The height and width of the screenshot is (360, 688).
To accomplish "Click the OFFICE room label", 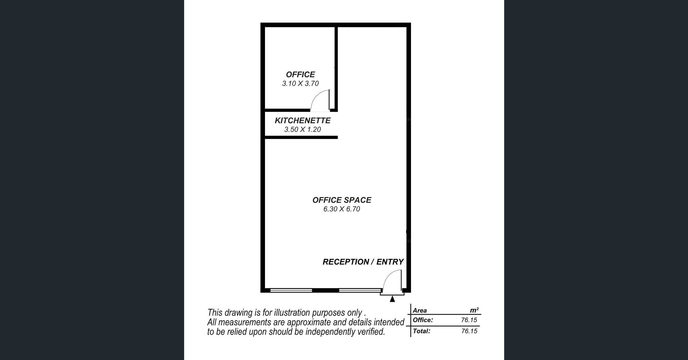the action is pyautogui.click(x=300, y=75).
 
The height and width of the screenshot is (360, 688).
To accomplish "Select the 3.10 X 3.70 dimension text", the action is pyautogui.click(x=300, y=83).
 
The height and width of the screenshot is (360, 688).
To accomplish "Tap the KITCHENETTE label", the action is pyautogui.click(x=303, y=120).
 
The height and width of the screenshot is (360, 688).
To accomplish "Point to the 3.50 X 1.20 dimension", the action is pyautogui.click(x=303, y=129).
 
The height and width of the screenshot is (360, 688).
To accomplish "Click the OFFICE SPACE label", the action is pyautogui.click(x=342, y=200).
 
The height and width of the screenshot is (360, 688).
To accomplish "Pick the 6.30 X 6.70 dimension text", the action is pyautogui.click(x=342, y=209).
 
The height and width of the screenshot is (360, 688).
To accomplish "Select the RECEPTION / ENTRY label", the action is pyautogui.click(x=363, y=262).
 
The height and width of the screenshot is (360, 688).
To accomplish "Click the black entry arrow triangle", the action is pyautogui.click(x=392, y=299).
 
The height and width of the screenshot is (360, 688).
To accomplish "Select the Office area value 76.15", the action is pyautogui.click(x=469, y=320).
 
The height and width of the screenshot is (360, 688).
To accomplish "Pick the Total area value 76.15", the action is pyautogui.click(x=469, y=331).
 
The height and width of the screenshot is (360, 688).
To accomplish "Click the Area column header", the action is pyautogui.click(x=420, y=310).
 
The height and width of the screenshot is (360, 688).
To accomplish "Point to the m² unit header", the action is pyautogui.click(x=474, y=310).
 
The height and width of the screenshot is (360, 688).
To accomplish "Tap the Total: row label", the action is pyautogui.click(x=421, y=331).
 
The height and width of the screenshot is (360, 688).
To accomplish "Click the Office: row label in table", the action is pyautogui.click(x=423, y=320).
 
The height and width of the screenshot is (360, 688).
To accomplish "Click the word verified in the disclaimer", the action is pyautogui.click(x=371, y=332).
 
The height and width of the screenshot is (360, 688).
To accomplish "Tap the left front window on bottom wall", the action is pyautogui.click(x=291, y=290).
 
